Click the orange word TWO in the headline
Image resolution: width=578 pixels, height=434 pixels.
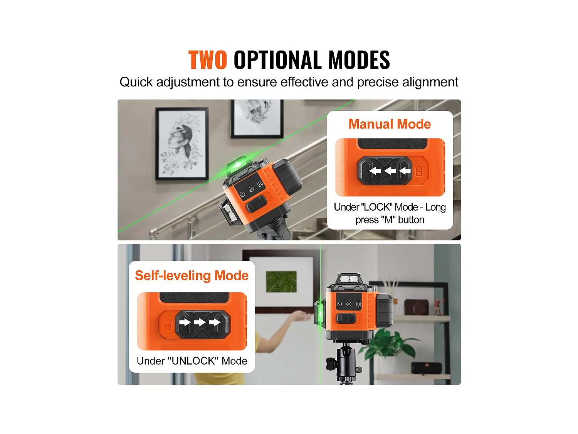pos(207,60)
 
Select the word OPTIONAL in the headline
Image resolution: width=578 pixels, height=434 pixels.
pos(277,60)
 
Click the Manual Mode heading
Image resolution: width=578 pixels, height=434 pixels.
pos(390,124)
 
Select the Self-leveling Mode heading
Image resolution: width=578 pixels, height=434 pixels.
pos(192,275)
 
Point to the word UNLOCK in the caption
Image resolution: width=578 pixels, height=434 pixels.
pos(192,361)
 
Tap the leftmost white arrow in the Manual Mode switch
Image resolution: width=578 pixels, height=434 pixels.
pos(375,171)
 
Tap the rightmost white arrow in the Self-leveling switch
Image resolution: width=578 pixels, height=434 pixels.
pos(215,322)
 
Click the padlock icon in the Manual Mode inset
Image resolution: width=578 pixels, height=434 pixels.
pos(419,171)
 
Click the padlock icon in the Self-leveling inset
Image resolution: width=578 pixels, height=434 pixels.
pos(168,325)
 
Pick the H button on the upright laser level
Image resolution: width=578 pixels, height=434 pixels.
pos(358,304)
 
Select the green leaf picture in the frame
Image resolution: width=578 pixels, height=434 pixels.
pos(281,282)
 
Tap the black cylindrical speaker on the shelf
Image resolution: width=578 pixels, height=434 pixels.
pos(426,368)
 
